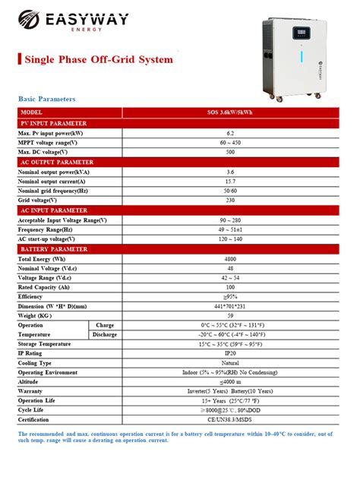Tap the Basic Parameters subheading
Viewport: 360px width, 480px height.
46,99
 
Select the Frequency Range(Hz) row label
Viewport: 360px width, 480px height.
45,229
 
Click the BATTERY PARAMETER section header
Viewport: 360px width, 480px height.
52,249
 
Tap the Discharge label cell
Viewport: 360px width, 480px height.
104,334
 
